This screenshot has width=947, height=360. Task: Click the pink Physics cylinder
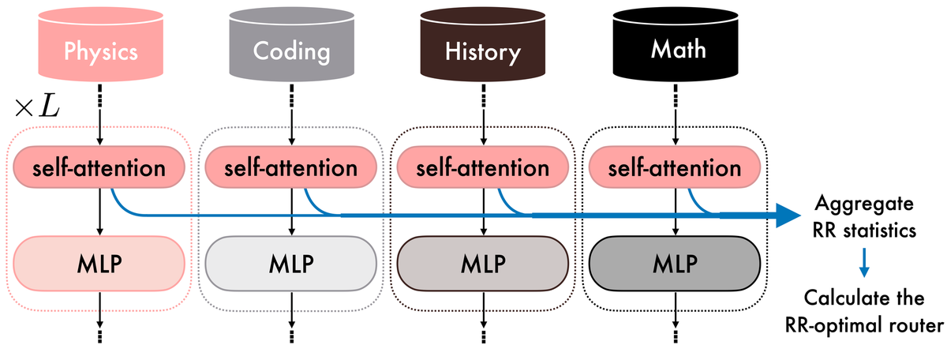pyautogui.click(x=101, y=44)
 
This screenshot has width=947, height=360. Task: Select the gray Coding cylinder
pyautogui.click(x=292, y=44)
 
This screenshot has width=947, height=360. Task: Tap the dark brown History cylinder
pyautogui.click(x=483, y=44)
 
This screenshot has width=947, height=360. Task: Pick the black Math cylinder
pyautogui.click(x=676, y=44)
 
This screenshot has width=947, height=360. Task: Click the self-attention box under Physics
pyautogui.click(x=99, y=167)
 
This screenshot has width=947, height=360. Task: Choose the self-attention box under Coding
pyautogui.click(x=291, y=167)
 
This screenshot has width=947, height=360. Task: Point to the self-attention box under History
pyautogui.click(x=483, y=167)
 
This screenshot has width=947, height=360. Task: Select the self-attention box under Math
pyautogui.click(x=675, y=167)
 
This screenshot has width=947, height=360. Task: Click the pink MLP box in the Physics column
pyautogui.click(x=99, y=264)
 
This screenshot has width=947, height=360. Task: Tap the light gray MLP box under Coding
pyautogui.click(x=291, y=264)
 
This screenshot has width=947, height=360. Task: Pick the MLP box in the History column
pyautogui.click(x=483, y=264)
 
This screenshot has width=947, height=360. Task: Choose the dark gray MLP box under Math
pyautogui.click(x=675, y=264)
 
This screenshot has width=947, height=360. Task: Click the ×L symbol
pyautogui.click(x=37, y=108)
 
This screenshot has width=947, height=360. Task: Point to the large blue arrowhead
pyautogui.click(x=788, y=216)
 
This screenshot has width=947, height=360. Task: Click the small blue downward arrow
pyautogui.click(x=864, y=263)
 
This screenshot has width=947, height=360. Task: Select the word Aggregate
pyautogui.click(x=864, y=204)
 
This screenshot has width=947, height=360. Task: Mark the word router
pyautogui.click(x=916, y=326)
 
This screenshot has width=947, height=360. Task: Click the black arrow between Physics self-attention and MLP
pyautogui.click(x=99, y=212)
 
